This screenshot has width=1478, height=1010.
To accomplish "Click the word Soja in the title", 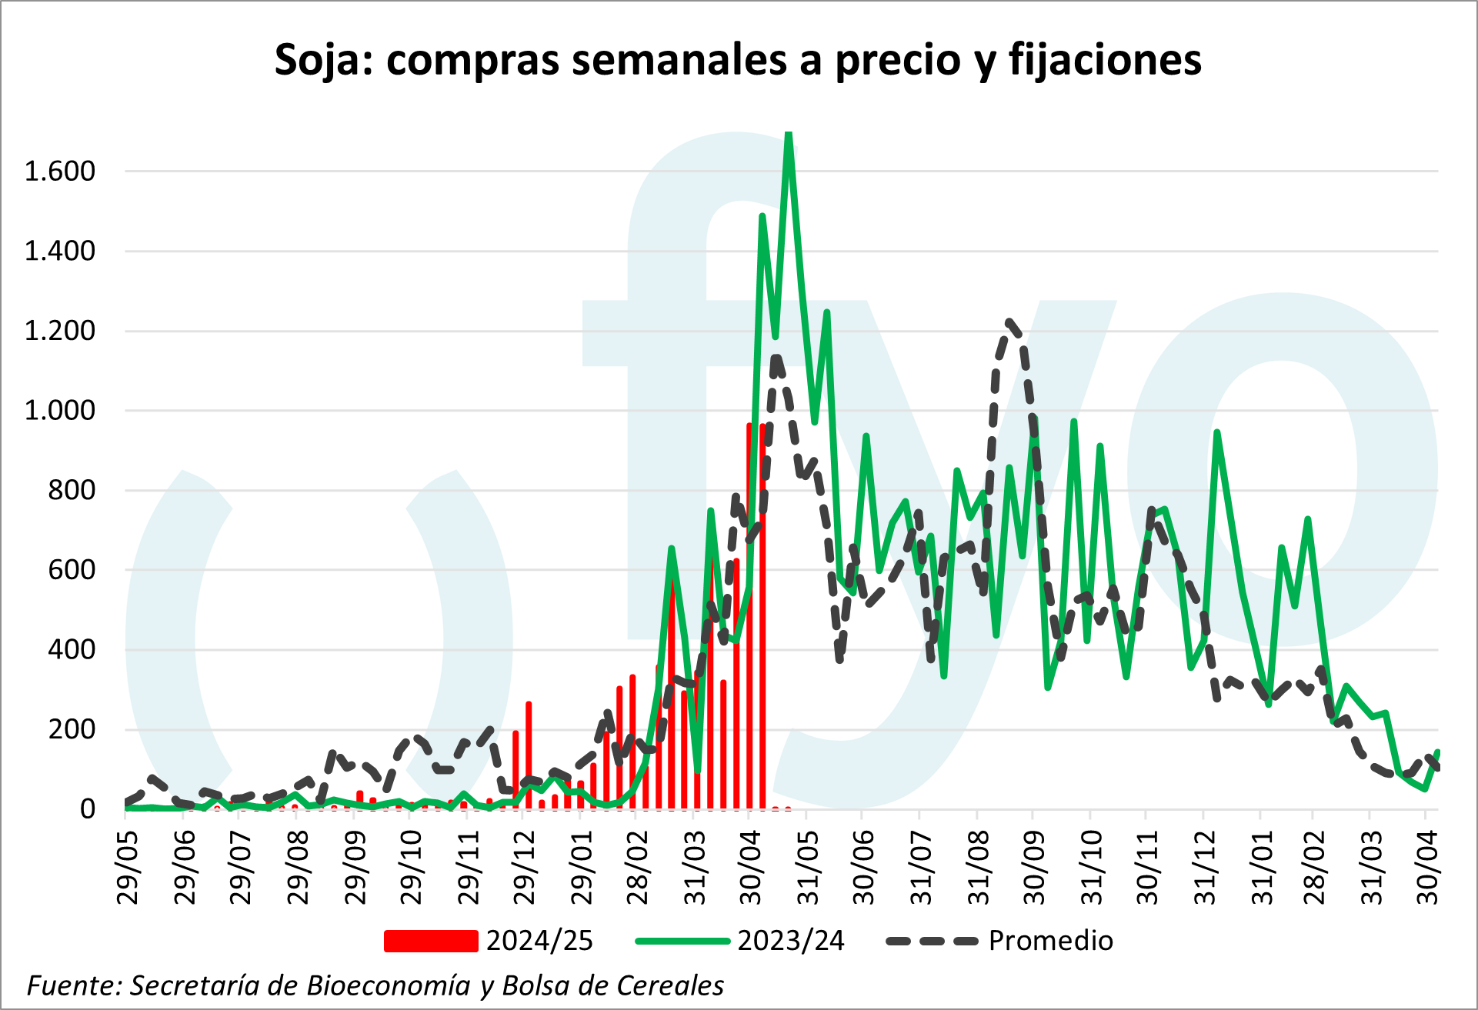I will pos(322,60).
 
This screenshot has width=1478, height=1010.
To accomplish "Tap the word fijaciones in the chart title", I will pos(1105,60).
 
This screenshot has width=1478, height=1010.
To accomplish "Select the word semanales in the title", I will pos(679,60).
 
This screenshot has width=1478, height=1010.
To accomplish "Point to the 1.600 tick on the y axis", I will pos(60,171).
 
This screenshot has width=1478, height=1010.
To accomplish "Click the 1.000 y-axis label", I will pos(60,410).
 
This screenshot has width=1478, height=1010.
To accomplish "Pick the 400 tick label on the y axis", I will pos(72,649).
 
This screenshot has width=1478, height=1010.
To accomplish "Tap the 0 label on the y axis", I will pos(87,808).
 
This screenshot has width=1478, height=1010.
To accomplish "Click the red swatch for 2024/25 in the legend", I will pos(431,941).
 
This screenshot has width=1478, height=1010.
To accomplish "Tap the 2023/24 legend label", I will pos(790,941).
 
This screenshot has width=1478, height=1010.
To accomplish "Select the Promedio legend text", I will pos(1050,941).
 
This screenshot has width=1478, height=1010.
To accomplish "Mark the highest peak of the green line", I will pos(788,135).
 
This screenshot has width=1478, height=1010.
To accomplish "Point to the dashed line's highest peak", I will pos(1009,322).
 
